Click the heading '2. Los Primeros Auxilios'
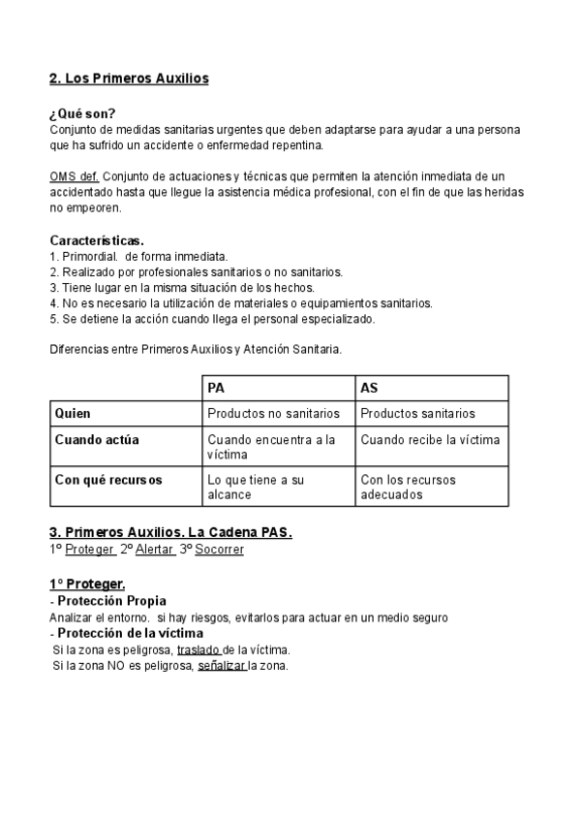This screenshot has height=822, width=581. [x=129, y=78]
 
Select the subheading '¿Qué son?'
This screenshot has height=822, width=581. [x=82, y=113]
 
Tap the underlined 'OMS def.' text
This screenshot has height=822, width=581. [x=74, y=176]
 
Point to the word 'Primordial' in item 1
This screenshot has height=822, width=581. [x=88, y=257]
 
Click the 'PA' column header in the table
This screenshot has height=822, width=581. [x=217, y=388]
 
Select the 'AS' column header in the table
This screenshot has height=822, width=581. [x=369, y=388]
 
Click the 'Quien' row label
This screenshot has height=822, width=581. [x=73, y=414]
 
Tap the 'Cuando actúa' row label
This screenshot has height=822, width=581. [x=97, y=440]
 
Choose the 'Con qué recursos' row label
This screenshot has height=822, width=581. [x=108, y=480]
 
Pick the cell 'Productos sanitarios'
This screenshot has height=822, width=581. [x=417, y=414]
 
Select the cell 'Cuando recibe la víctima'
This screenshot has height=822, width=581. [x=430, y=440]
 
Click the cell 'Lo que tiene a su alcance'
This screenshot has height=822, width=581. [x=257, y=487]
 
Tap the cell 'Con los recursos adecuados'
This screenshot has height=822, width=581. [x=408, y=487]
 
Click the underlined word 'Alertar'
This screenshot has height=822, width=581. [x=155, y=550]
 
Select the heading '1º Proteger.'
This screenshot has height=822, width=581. [x=87, y=584]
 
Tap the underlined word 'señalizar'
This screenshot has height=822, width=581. [x=222, y=666]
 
